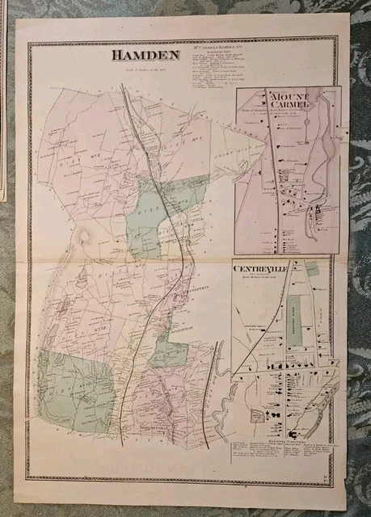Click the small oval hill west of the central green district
pos(83,237)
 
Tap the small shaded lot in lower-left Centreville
pos(258,414)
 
